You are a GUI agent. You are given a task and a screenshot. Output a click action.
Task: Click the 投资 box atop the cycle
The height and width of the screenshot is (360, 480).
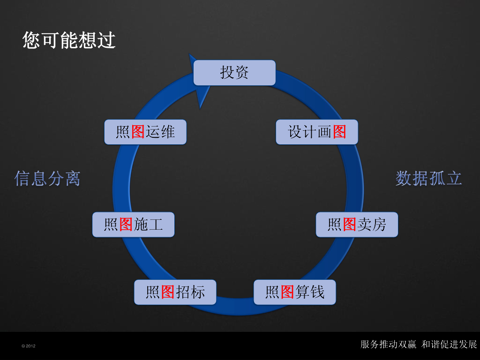[x=234, y=73]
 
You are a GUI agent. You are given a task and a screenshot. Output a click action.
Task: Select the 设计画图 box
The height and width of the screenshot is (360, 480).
[x=316, y=132]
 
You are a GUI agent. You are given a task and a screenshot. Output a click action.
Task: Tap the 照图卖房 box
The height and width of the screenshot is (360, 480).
[x=356, y=225]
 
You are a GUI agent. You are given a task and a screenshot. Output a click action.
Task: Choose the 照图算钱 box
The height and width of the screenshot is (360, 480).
[x=294, y=292]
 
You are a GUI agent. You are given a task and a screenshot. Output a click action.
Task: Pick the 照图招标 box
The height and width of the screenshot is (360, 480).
[x=175, y=292]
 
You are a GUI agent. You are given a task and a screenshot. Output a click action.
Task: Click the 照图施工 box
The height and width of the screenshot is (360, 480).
[x=133, y=225]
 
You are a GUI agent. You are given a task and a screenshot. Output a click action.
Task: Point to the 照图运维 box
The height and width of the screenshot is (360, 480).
[x=145, y=132]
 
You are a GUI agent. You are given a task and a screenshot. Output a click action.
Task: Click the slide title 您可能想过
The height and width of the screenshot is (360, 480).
[x=69, y=40]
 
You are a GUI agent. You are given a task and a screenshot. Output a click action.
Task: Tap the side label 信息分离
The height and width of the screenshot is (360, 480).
[x=47, y=179]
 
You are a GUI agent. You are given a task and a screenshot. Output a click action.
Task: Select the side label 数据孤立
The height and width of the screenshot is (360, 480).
[x=428, y=179]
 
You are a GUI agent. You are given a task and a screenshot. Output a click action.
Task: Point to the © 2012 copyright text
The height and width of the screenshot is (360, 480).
[x=29, y=346]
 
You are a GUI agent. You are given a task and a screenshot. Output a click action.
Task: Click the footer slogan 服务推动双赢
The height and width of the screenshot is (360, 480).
[x=388, y=345]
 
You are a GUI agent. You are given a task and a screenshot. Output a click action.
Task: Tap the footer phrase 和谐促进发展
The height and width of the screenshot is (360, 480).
[x=449, y=345]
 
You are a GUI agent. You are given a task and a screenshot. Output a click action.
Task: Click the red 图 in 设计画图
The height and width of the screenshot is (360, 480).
[x=339, y=132]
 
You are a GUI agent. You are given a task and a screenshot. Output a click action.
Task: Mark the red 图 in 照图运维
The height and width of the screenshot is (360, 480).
[x=138, y=132]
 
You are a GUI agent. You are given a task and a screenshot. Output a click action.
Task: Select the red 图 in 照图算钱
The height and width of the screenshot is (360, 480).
[x=287, y=292]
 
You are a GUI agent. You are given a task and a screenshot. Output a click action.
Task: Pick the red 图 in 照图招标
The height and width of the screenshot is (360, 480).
[x=168, y=292]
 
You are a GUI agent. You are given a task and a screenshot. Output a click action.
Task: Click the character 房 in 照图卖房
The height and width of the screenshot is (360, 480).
[x=379, y=225]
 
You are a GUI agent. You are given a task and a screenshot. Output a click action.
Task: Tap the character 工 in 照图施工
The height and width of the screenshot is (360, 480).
[x=156, y=225]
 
